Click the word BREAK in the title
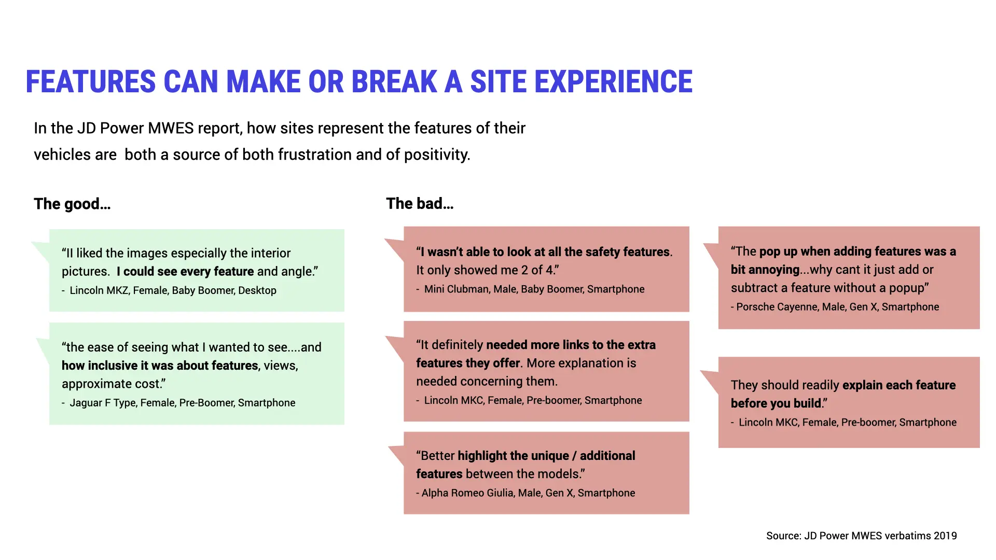coord(394,82)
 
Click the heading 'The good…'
coord(72,204)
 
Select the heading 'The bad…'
coord(420,204)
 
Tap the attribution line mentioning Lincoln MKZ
coord(172,290)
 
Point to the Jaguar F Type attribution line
coord(182,403)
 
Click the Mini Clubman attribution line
coord(534,289)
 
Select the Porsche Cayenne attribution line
coord(837,307)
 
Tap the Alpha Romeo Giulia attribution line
coord(528,493)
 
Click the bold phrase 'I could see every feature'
coord(185,272)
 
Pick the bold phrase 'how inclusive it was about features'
coord(160,366)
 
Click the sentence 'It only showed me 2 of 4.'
coord(487,270)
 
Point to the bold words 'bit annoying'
coord(765,270)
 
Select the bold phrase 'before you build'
coord(776,403)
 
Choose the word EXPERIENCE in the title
coord(613,82)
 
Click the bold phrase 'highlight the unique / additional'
coord(546,456)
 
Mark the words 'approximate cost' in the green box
coord(111,384)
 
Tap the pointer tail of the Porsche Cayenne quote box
coord(711,252)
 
